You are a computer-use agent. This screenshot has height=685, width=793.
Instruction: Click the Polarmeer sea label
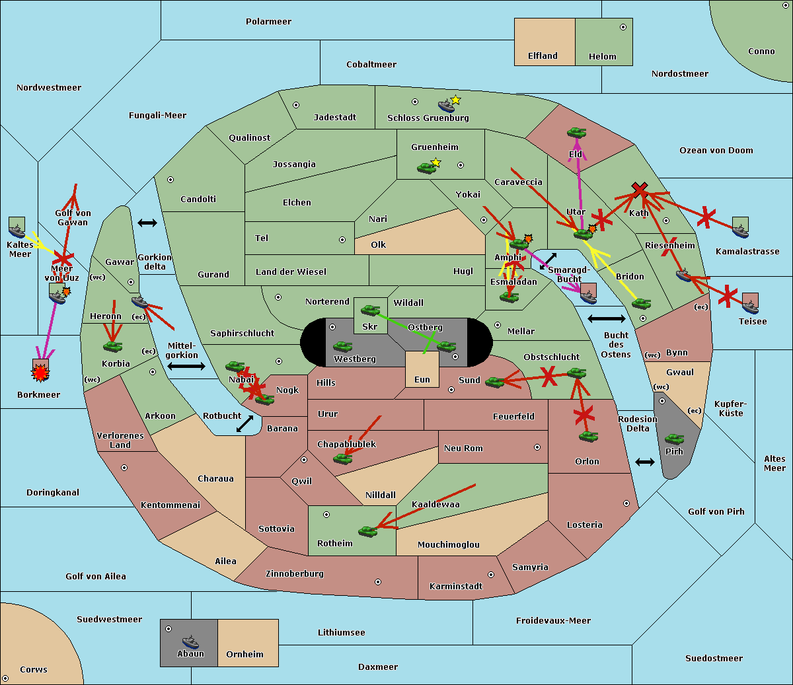point(268,22)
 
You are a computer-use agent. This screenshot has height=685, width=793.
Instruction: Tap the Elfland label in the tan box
point(543,56)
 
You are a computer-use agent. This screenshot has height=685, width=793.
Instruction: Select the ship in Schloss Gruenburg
point(447,106)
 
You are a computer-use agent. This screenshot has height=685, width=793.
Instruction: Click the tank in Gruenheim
point(426,168)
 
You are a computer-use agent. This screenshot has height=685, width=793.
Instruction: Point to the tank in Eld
point(576,132)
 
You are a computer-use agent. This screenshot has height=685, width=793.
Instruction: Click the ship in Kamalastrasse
point(740,231)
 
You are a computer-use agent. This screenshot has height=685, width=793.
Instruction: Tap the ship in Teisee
point(750,306)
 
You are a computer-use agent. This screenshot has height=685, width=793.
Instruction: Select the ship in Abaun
point(190,641)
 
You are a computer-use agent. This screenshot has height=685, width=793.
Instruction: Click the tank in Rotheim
point(367,530)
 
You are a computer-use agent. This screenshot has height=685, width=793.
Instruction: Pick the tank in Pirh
point(674,439)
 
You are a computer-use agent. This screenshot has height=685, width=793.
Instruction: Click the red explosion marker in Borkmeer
point(40,374)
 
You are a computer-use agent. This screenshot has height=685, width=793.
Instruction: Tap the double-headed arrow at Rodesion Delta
point(645,462)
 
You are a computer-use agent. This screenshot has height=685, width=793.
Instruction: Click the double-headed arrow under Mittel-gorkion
point(186,366)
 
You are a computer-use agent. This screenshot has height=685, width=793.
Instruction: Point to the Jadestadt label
point(334,118)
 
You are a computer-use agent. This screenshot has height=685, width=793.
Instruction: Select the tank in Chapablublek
point(342,458)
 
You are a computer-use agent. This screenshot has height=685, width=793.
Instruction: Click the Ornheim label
point(245,655)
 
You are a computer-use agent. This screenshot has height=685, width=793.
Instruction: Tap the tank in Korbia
point(113,345)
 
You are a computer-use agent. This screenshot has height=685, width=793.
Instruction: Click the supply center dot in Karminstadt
point(491,575)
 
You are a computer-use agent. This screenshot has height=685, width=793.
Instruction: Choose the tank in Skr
point(370,309)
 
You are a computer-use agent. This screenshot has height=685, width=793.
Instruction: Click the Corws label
point(34,670)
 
